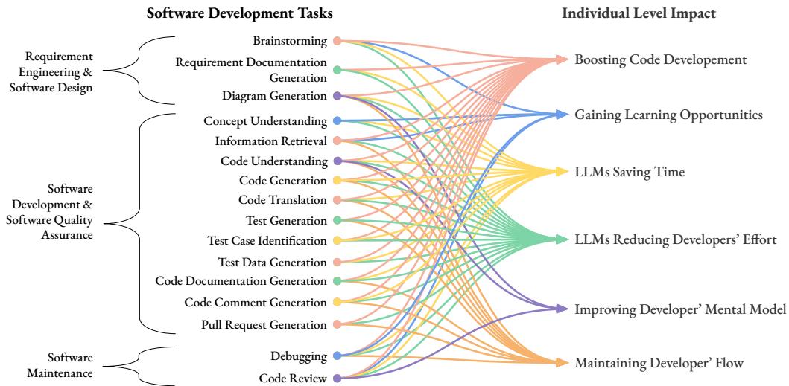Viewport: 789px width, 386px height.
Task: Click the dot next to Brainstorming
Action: pyautogui.click(x=337, y=41)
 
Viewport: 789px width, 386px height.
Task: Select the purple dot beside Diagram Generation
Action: pyautogui.click(x=337, y=96)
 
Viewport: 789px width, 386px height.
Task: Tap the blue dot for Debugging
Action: pyautogui.click(x=337, y=356)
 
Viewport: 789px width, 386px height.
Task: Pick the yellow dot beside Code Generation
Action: pyautogui.click(x=337, y=180)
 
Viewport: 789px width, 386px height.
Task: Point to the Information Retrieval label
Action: pyautogui.click(x=270, y=141)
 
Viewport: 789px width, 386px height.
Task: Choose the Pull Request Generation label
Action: pyautogui.click(x=264, y=325)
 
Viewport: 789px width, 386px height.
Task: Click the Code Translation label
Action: pyautogui.click(x=282, y=200)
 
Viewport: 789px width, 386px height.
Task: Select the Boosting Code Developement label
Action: pyautogui.click(x=660, y=59)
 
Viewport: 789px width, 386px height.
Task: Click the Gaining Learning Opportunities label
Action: pyautogui.click(x=668, y=115)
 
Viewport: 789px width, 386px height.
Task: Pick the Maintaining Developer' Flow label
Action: pyautogui.click(x=659, y=363)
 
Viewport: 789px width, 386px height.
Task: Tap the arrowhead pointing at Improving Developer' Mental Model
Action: pyautogui.click(x=565, y=308)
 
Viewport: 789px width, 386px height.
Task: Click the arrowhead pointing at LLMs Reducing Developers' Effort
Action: pyautogui.click(x=565, y=239)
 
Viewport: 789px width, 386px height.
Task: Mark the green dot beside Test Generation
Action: pyautogui.click(x=337, y=221)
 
